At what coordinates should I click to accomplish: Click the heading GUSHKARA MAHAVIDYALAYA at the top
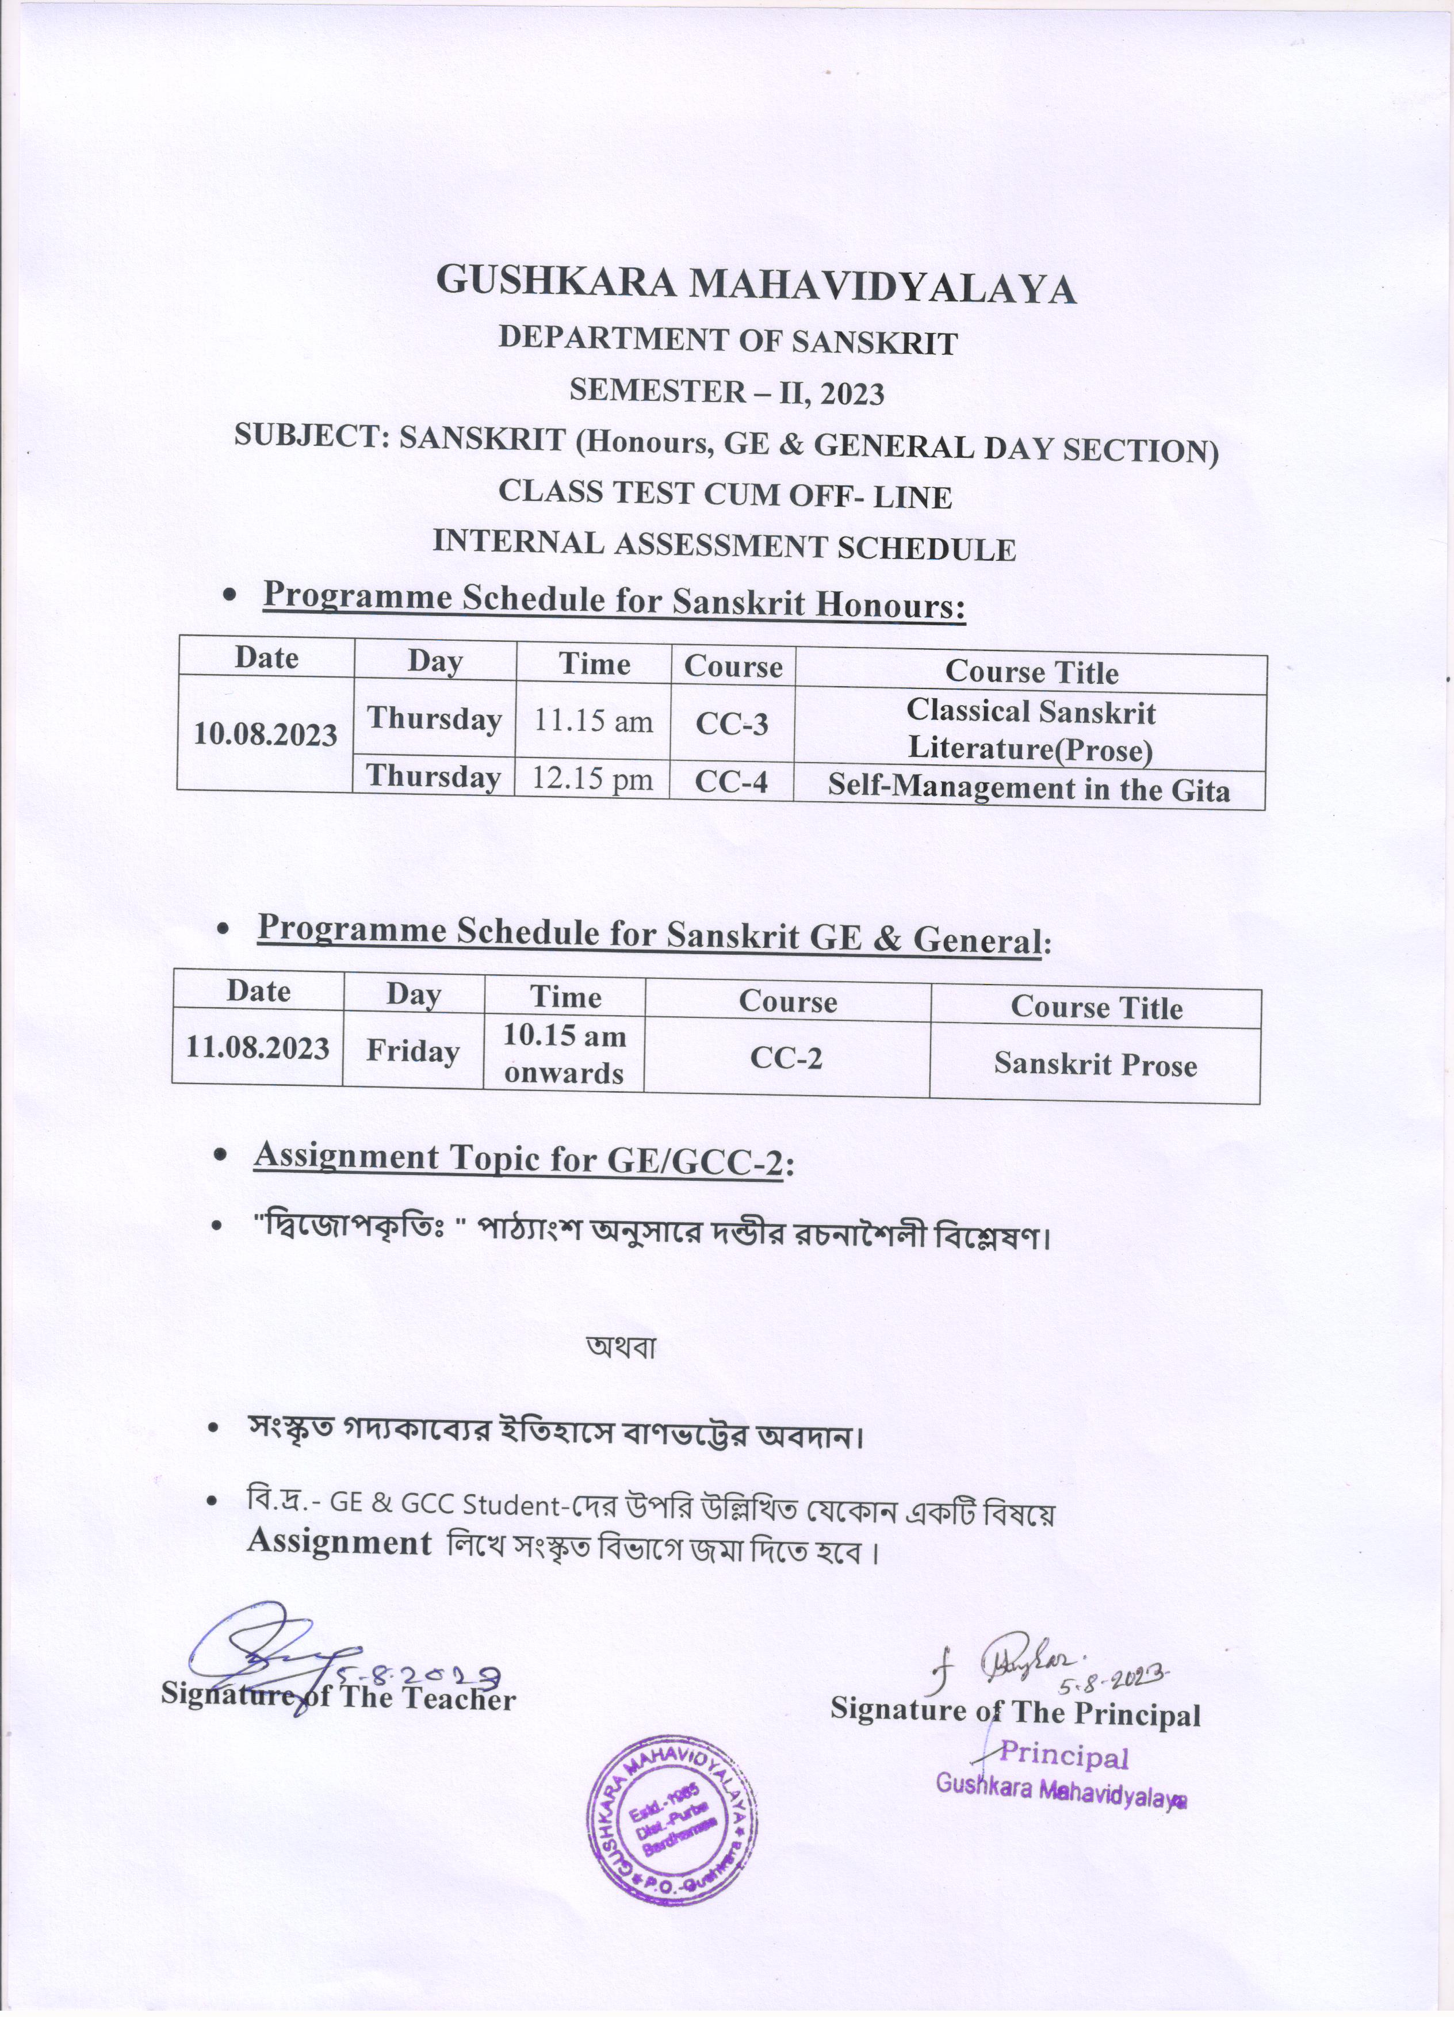click(x=756, y=285)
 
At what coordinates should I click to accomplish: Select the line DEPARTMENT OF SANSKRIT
click(x=728, y=340)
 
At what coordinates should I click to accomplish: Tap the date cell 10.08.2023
click(x=266, y=734)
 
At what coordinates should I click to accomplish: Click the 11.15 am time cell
click(x=593, y=721)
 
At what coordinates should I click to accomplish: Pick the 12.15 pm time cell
click(x=592, y=779)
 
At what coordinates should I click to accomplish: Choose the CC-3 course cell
click(x=732, y=725)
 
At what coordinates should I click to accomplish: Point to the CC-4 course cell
click(x=731, y=782)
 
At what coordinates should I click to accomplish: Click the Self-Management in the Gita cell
click(x=1029, y=790)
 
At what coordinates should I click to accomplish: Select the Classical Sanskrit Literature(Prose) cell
click(x=1031, y=731)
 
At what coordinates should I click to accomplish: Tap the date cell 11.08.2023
click(x=258, y=1048)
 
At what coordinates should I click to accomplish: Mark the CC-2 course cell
click(x=787, y=1058)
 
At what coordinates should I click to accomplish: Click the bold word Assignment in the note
click(x=339, y=1541)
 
